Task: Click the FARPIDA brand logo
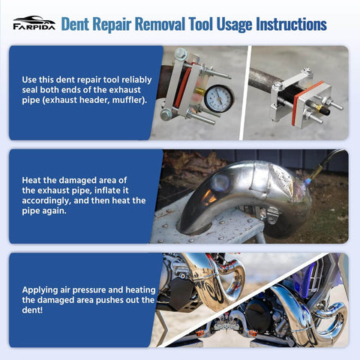(34, 23)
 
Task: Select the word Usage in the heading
(218, 24)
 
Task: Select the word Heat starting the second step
(34, 181)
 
